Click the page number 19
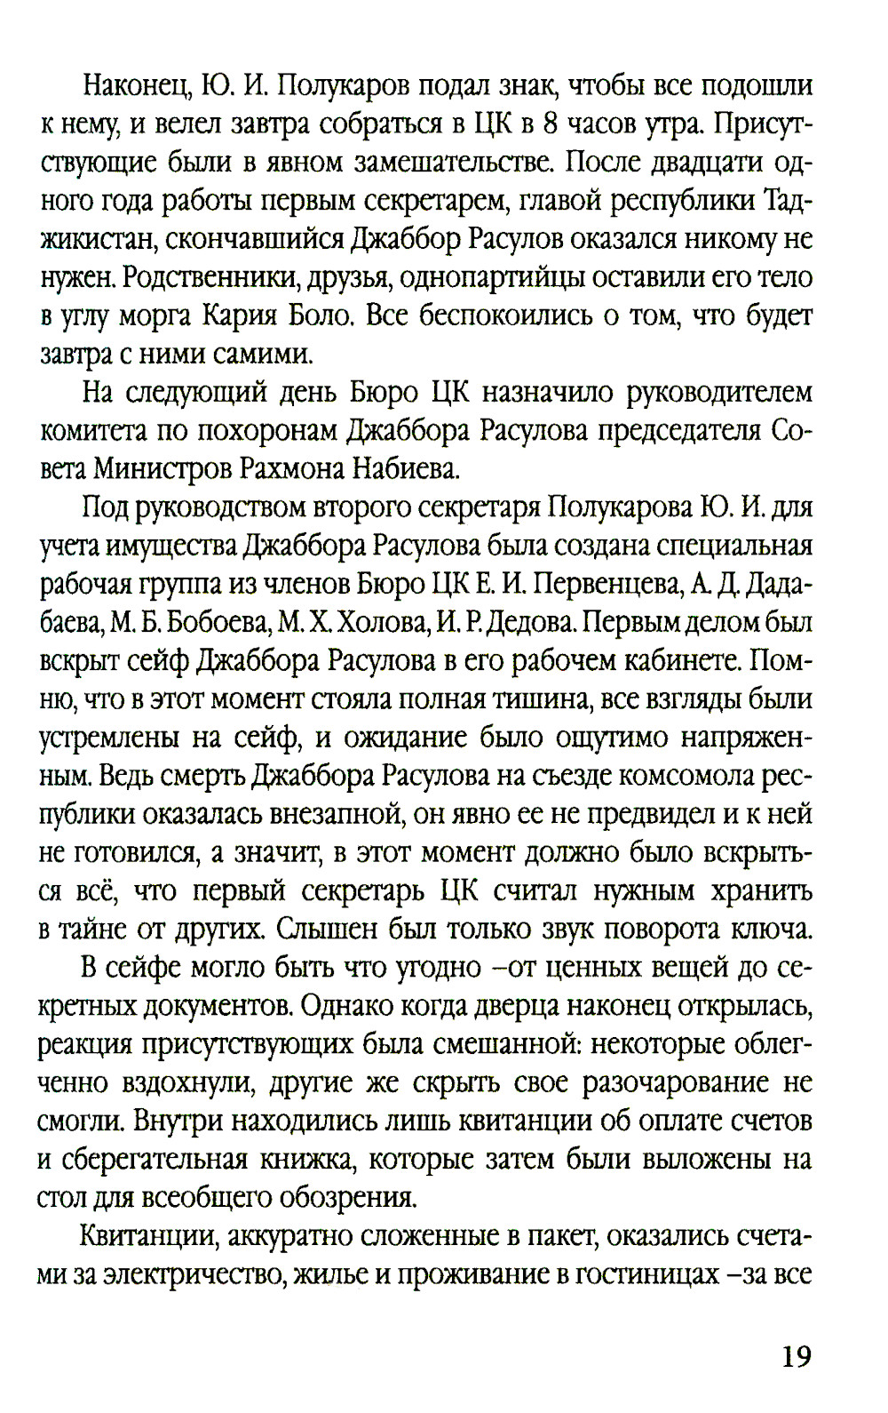796,1357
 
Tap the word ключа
768,930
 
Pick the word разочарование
670,1083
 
